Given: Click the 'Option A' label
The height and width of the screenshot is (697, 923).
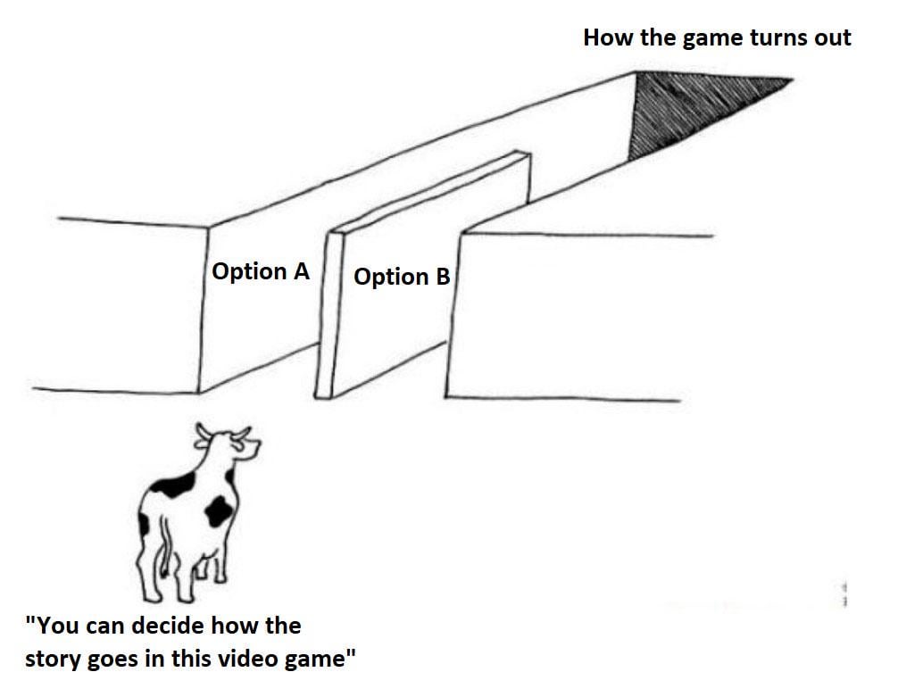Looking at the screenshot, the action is [260, 271].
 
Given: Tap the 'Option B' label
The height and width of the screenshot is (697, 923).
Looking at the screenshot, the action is [402, 277].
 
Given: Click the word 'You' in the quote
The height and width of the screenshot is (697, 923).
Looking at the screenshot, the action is [56, 626].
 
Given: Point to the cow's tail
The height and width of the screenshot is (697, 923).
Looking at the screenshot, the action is [165, 547].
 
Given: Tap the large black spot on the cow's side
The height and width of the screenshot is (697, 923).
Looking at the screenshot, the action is [218, 511].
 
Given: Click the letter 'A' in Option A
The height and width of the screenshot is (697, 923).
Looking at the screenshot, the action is [301, 271].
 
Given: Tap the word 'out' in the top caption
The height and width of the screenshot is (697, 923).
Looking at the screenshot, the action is [833, 38].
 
